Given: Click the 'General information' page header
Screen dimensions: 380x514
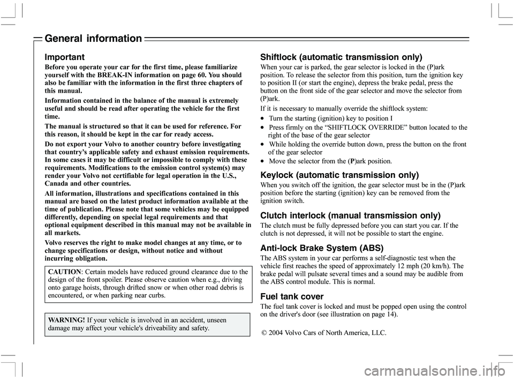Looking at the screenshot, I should (x=93, y=39).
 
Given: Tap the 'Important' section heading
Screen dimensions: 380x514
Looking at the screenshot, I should (x=65, y=56).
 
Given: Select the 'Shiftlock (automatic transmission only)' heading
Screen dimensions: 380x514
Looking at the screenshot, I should (x=341, y=57).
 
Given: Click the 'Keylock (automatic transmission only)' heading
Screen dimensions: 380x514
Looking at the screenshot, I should (x=339, y=175).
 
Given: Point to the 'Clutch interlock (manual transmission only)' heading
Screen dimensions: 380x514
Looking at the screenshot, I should (x=351, y=215).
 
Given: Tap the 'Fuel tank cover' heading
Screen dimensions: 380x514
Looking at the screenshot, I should (x=292, y=296).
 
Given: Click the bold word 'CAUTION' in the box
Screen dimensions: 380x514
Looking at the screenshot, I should (x=64, y=272).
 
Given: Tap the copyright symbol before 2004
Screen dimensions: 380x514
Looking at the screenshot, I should (x=264, y=333).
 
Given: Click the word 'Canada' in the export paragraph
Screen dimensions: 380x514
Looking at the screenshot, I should (x=58, y=184).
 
